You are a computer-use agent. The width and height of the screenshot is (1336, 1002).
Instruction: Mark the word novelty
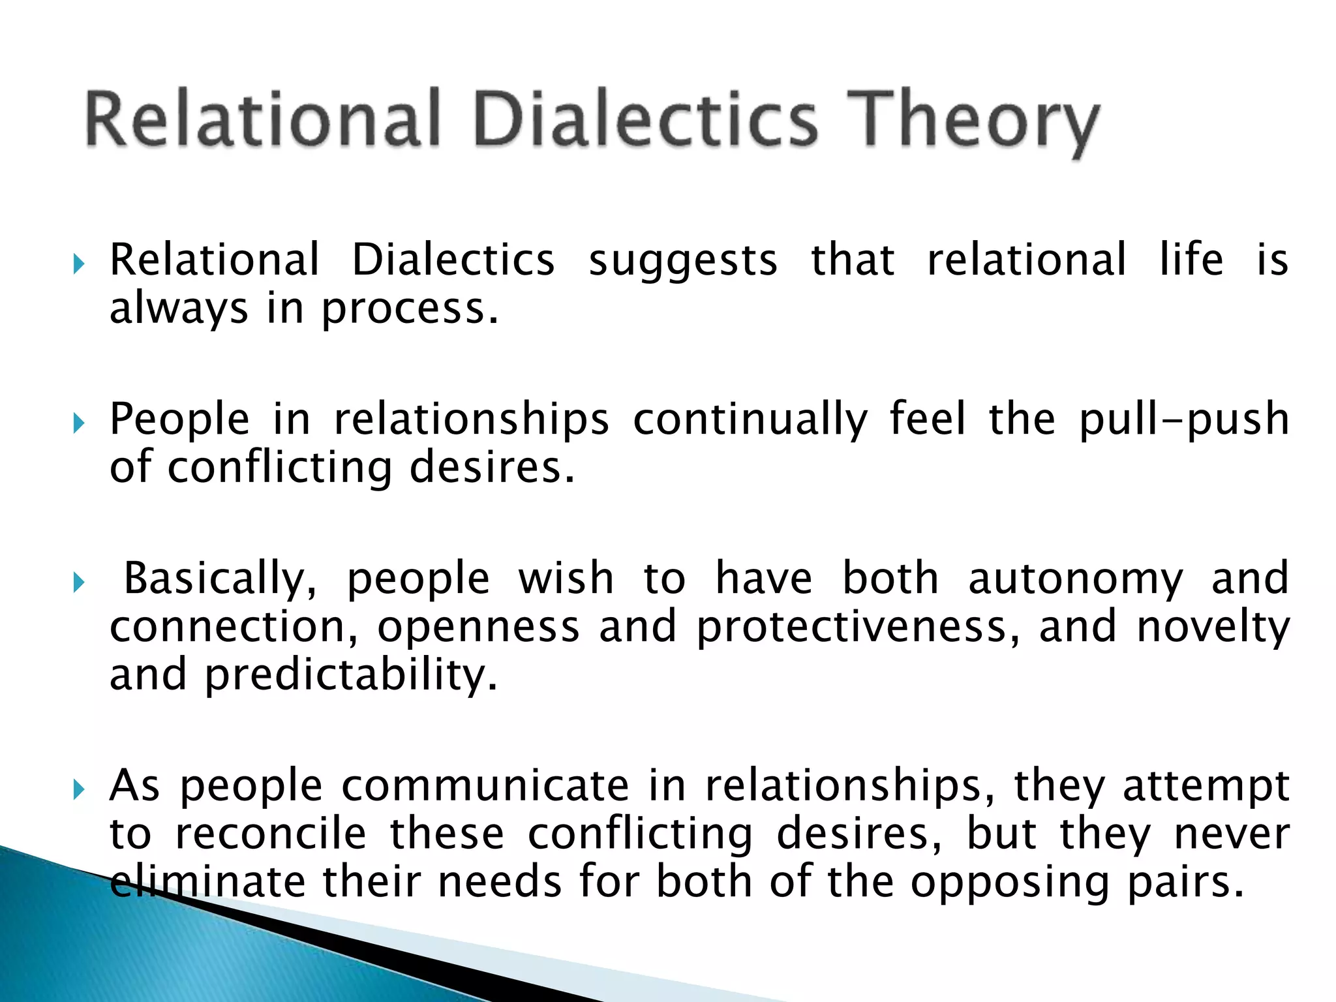[x=1213, y=628]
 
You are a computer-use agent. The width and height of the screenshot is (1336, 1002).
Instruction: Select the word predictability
[x=352, y=675]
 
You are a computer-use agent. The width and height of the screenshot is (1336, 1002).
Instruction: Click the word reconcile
[x=271, y=834]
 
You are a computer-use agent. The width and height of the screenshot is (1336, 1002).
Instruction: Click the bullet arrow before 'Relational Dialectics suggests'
[x=79, y=265]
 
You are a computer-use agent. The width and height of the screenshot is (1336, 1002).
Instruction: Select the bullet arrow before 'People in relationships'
[x=79, y=424]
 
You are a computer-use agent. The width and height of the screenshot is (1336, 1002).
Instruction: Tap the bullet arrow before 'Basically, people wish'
[x=79, y=583]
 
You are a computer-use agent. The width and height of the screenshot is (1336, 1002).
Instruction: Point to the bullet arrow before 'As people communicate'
[x=79, y=791]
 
